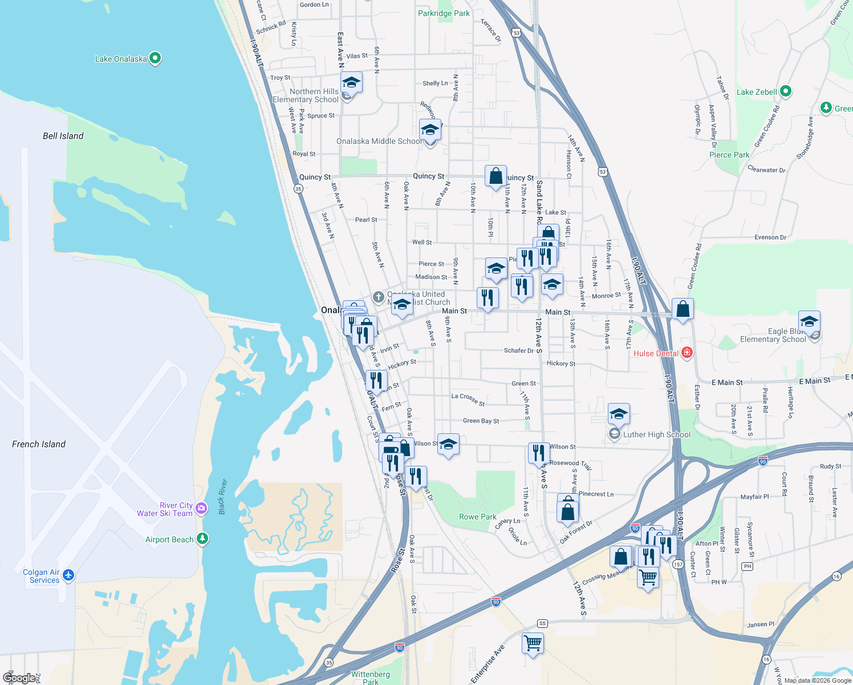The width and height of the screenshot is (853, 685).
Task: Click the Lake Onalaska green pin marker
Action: (155, 58)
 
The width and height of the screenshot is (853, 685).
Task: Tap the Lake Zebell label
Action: (756, 92)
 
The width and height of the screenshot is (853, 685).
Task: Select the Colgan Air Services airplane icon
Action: (68, 574)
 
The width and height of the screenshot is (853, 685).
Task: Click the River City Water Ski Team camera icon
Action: (201, 508)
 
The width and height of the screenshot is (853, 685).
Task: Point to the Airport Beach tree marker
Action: (202, 538)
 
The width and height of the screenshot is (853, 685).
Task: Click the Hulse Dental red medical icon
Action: (687, 353)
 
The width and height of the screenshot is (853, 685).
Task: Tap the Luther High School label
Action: (656, 434)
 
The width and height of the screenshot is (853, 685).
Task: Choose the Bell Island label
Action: (63, 136)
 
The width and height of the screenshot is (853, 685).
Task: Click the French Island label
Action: (39, 444)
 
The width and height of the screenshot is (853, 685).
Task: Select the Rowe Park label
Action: (478, 517)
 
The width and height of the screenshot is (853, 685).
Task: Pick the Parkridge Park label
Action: (444, 13)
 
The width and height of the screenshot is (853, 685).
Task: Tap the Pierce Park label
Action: (729, 155)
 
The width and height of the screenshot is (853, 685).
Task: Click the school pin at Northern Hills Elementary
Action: (351, 83)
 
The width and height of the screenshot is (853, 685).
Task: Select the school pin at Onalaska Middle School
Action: (430, 130)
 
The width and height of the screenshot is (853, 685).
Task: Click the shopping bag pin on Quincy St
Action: (495, 176)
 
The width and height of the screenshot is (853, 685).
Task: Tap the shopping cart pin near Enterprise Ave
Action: (533, 643)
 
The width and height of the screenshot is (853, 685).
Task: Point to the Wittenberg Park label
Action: (371, 678)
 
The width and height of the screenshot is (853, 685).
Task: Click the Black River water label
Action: (222, 497)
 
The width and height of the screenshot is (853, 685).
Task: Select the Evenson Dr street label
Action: (770, 237)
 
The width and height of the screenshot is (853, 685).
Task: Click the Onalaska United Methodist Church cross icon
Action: (379, 297)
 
